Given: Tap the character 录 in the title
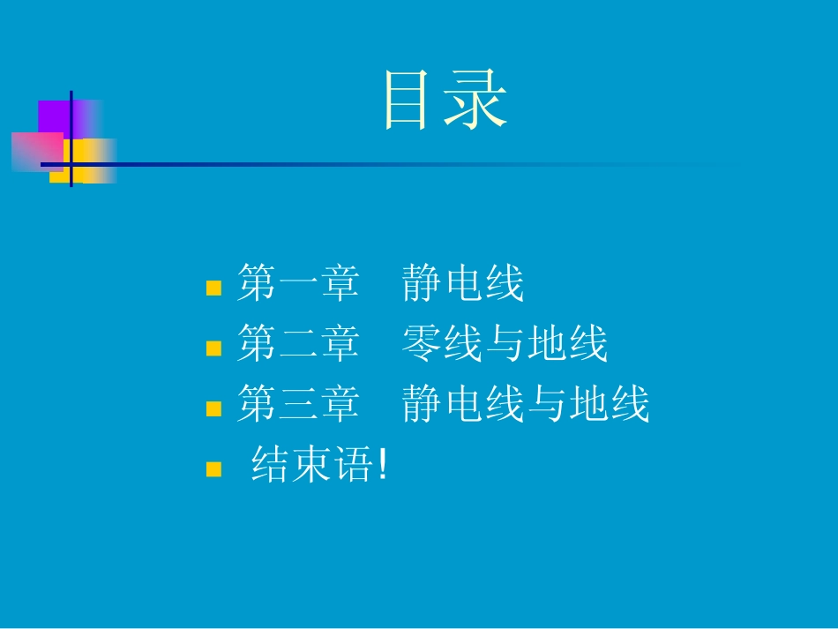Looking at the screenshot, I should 476,101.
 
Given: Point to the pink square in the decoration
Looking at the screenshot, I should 35,151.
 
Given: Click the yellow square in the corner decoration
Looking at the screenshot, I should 88,161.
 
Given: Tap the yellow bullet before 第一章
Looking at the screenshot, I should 213,288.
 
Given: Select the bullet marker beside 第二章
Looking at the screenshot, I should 213,348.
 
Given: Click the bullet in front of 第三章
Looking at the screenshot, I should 213,408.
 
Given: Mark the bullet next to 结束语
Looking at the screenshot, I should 213,468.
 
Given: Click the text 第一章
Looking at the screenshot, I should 298,285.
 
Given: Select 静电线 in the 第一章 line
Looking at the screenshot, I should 463,285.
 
